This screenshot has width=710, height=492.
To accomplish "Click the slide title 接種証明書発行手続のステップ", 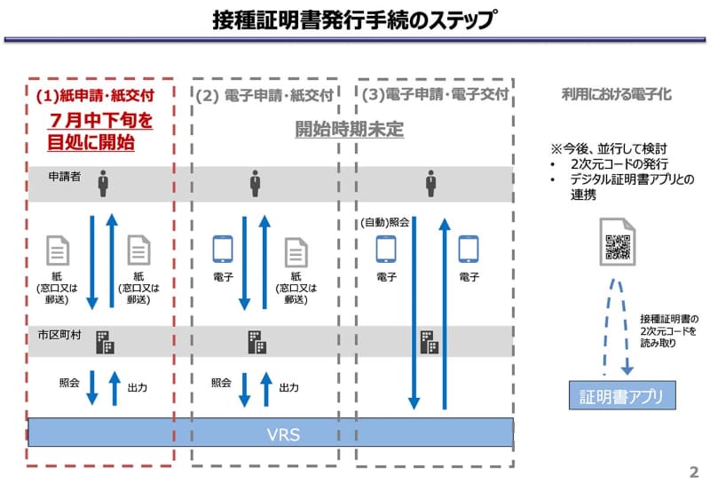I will pyautogui.click(x=354, y=20).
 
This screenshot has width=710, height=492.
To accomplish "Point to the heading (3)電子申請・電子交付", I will pyautogui.click(x=433, y=94).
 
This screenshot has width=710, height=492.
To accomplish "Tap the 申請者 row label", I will pyautogui.click(x=66, y=178).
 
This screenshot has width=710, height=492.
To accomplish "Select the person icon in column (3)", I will pyautogui.click(x=431, y=183).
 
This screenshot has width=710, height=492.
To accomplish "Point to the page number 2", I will pyautogui.click(x=693, y=472).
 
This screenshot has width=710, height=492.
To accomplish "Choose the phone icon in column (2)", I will pyautogui.click(x=223, y=250).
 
